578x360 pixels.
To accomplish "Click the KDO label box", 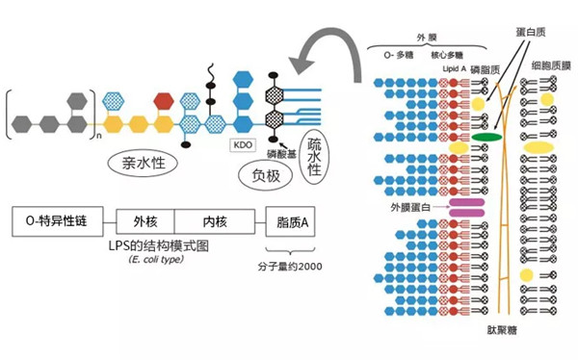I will tap(242, 144).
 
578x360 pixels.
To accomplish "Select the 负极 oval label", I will tap(264, 175).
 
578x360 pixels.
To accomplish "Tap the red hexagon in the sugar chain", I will tap(163, 99).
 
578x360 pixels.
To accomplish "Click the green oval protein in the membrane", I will tap(488, 138).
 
